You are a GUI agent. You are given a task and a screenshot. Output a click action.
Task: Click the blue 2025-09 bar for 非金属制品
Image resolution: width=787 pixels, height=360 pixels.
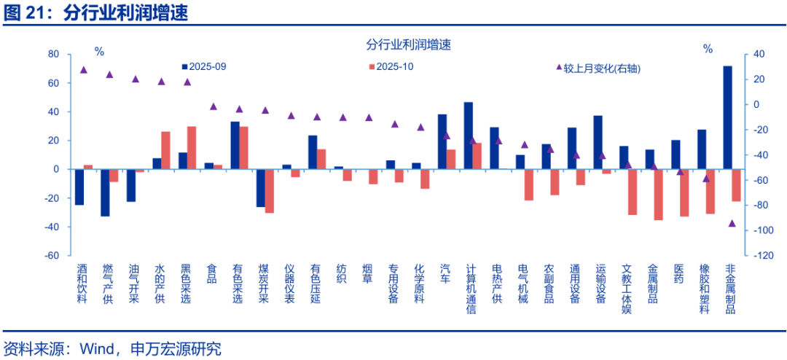(x=727, y=117)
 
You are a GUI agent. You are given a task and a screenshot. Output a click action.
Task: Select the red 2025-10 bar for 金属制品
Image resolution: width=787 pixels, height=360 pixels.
(x=659, y=195)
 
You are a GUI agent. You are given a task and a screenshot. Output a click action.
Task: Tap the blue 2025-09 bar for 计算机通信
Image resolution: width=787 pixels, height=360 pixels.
(x=468, y=136)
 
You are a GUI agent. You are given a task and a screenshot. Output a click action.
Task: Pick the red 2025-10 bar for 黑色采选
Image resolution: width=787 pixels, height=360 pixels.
(x=192, y=148)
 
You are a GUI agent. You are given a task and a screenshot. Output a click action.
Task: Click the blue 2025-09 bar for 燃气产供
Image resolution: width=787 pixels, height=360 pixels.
(x=105, y=192)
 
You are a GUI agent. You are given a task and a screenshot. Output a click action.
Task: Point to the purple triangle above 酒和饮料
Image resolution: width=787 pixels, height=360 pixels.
(x=83, y=70)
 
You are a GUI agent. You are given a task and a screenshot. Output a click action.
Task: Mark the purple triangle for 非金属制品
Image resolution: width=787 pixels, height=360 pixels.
(x=732, y=223)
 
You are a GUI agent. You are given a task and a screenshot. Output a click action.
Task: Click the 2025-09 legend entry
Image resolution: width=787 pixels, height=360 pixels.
(x=204, y=66)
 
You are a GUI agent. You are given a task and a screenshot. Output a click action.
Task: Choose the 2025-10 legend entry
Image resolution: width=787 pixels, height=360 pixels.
(x=391, y=66)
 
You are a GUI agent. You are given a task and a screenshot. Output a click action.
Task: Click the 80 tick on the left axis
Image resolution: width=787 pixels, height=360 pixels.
(x=52, y=54)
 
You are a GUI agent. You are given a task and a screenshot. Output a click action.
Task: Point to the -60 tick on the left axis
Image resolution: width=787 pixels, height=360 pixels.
(x=52, y=256)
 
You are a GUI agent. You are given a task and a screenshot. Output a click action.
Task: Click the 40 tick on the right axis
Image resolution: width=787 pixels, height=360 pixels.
(x=758, y=54)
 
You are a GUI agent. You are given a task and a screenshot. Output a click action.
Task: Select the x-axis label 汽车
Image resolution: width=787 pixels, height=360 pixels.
(x=445, y=273)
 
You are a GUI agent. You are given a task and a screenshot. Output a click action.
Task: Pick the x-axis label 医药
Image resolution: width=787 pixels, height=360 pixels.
(x=678, y=273)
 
